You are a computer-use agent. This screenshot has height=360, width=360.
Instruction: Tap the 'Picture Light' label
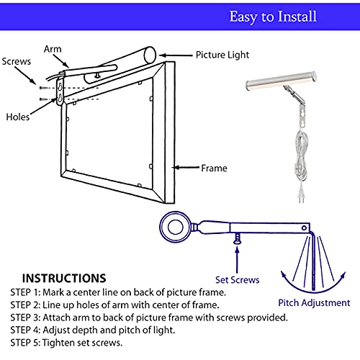pyautogui.click(x=223, y=54)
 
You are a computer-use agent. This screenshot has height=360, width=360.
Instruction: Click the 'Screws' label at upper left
pyautogui.click(x=17, y=62)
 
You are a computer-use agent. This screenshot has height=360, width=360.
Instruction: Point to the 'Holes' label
pyautogui.click(x=17, y=116)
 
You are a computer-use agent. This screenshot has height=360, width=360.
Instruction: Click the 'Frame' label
pyautogui.click(x=214, y=168)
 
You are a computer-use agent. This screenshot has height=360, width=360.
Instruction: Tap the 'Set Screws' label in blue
pyautogui.click(x=237, y=279)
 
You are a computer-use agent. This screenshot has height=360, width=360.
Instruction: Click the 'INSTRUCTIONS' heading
pyautogui.click(x=64, y=278)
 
